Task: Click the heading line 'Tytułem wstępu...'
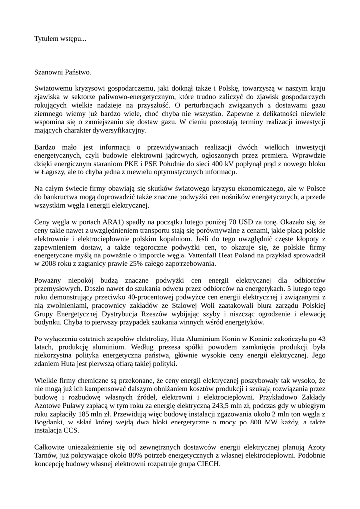coord(60,38)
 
